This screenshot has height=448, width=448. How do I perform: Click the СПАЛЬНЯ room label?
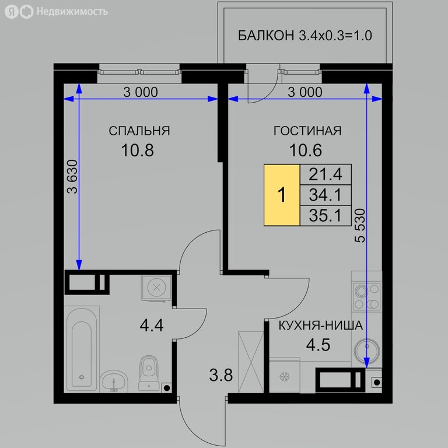coord(139,131)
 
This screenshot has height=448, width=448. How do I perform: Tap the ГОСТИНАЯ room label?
coord(307,131)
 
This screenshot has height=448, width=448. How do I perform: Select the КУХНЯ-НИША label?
coord(321,325)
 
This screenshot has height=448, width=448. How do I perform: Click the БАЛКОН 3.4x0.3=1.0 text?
coord(305,36)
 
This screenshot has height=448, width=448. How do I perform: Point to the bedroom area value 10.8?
coord(138,150)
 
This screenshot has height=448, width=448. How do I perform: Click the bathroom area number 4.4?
coord(152,325)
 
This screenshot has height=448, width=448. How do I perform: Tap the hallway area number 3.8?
coord(221,375)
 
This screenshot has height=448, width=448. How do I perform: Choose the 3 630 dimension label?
coord(72,177)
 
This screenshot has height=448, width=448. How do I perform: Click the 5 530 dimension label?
coord(360,226)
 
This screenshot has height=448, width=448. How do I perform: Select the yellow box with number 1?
coord(282,195)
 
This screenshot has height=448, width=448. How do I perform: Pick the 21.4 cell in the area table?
coord(325,174)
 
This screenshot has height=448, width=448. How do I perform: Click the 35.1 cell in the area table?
coord(325,215)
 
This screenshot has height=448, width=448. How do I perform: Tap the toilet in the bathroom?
coord(149,373)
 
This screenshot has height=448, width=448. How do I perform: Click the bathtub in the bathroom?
coord(82,349)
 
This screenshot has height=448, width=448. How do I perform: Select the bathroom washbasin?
coord(114,381)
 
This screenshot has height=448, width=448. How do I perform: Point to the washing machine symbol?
coord(156,288)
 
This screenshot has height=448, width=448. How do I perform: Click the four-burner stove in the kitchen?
coord(366,296)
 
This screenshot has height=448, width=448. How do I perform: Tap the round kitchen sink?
coord(367,351)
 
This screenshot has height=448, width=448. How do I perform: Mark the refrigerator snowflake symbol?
coord(284,377)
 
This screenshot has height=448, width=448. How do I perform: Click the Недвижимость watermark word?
coord(72,12)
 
